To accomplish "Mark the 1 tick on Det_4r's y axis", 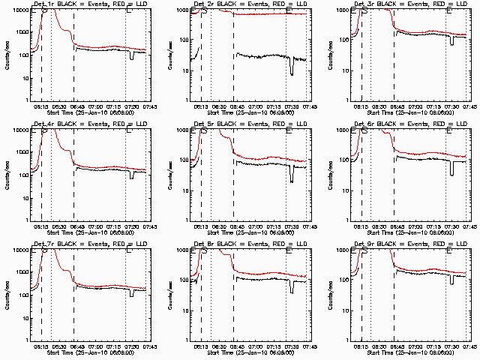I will [x=24, y=220].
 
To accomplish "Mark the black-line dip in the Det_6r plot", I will [x=452, y=170].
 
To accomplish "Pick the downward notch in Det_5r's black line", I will [x=292, y=177].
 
